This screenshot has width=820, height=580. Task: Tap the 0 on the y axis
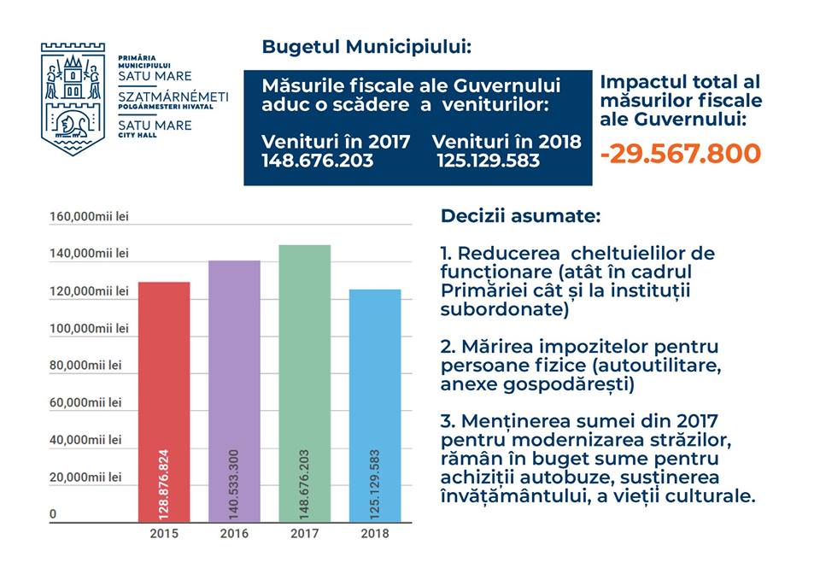tap(53, 514)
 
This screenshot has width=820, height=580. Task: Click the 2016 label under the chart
tap(234, 534)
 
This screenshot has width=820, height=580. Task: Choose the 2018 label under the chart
tap(375, 534)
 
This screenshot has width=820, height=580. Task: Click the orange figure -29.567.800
tap(680, 154)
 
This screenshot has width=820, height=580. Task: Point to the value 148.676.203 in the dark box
tap(317, 160)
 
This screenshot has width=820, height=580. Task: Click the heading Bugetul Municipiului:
tap(366, 46)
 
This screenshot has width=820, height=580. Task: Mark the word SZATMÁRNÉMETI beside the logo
tap(173, 97)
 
